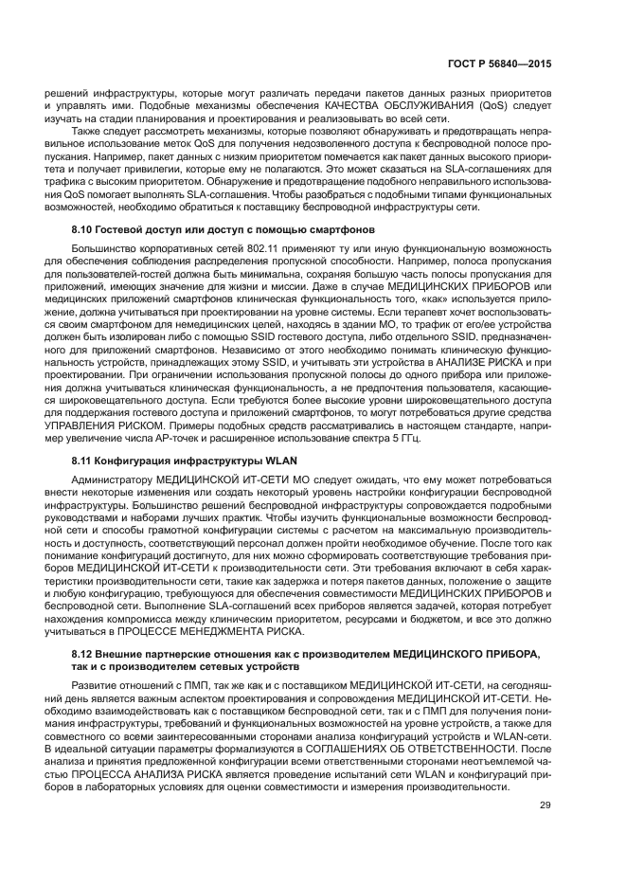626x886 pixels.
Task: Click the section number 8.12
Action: (x=85, y=655)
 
